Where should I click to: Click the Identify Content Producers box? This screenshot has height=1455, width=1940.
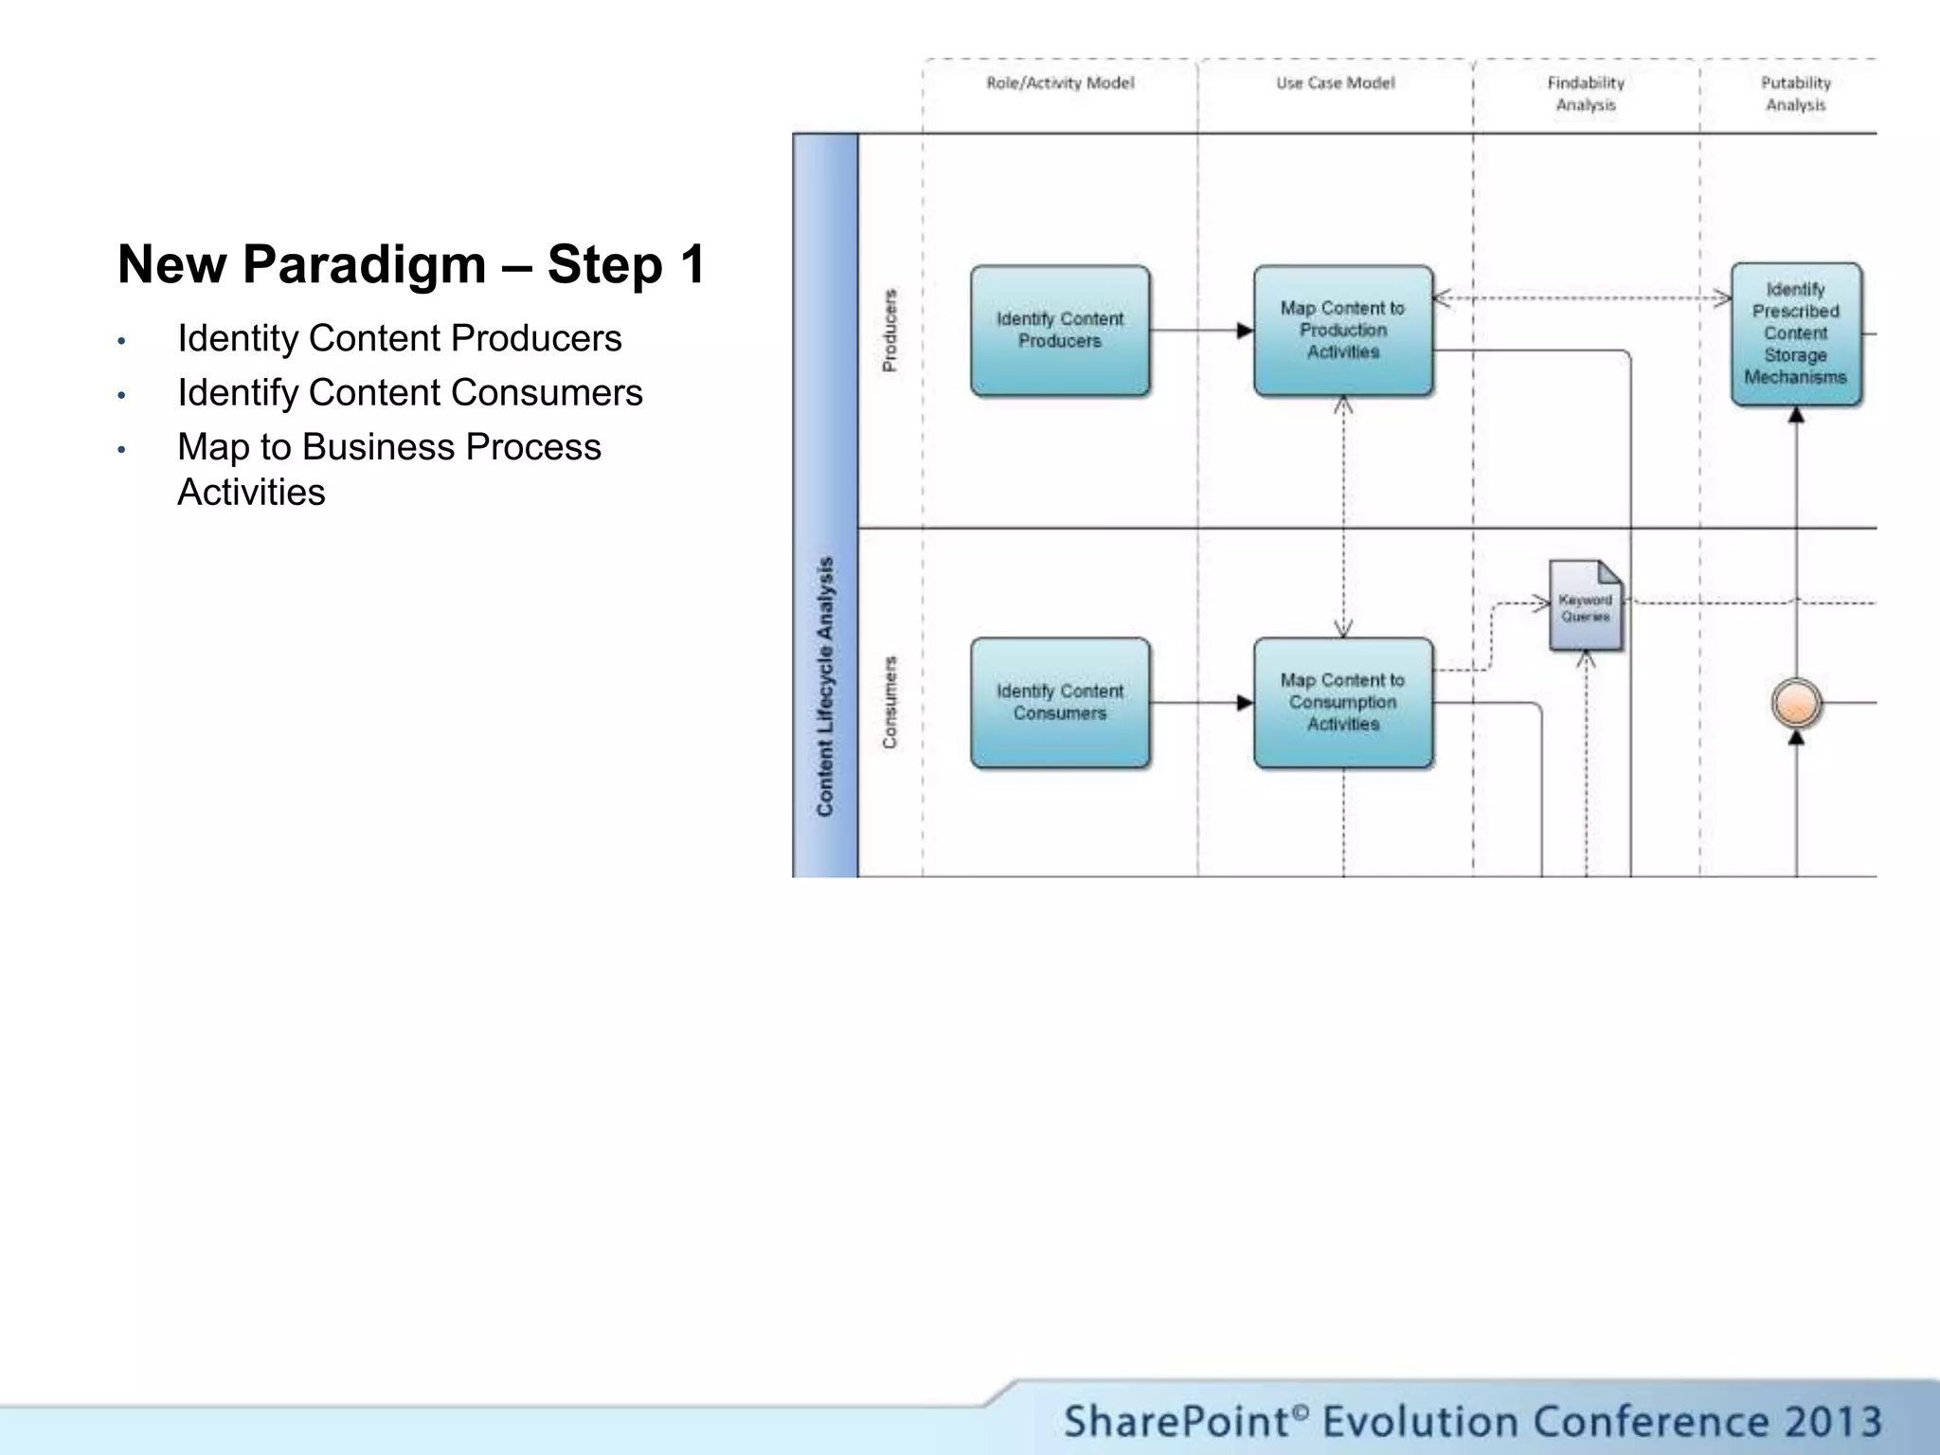click(1060, 331)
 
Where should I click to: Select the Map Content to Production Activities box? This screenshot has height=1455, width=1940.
click(1342, 331)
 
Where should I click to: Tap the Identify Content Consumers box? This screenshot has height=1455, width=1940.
click(1060, 703)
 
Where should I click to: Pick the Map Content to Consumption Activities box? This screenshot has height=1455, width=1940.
click(1342, 703)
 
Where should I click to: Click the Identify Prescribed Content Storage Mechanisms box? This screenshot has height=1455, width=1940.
click(1795, 333)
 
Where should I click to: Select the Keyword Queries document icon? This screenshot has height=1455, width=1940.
click(1586, 607)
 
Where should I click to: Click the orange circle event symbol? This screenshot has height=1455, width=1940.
click(1796, 704)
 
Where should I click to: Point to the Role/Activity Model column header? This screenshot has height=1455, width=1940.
click(1060, 83)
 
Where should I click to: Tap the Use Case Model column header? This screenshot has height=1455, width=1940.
click(1335, 83)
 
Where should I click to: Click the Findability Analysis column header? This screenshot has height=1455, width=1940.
click(1586, 94)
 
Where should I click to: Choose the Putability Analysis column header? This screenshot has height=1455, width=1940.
click(1795, 94)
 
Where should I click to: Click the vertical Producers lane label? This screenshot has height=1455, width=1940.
click(889, 331)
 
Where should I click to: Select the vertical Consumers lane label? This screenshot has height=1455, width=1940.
click(889, 703)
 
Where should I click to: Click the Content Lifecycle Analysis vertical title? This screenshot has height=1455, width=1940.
click(825, 687)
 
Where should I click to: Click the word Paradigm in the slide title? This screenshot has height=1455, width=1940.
click(364, 264)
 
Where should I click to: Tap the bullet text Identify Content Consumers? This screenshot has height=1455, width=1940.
click(409, 393)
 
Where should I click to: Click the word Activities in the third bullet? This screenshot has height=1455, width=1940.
click(251, 493)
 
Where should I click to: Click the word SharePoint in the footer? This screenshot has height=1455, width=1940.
click(1175, 1422)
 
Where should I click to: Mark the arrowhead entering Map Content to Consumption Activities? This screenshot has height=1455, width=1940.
click(1245, 703)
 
